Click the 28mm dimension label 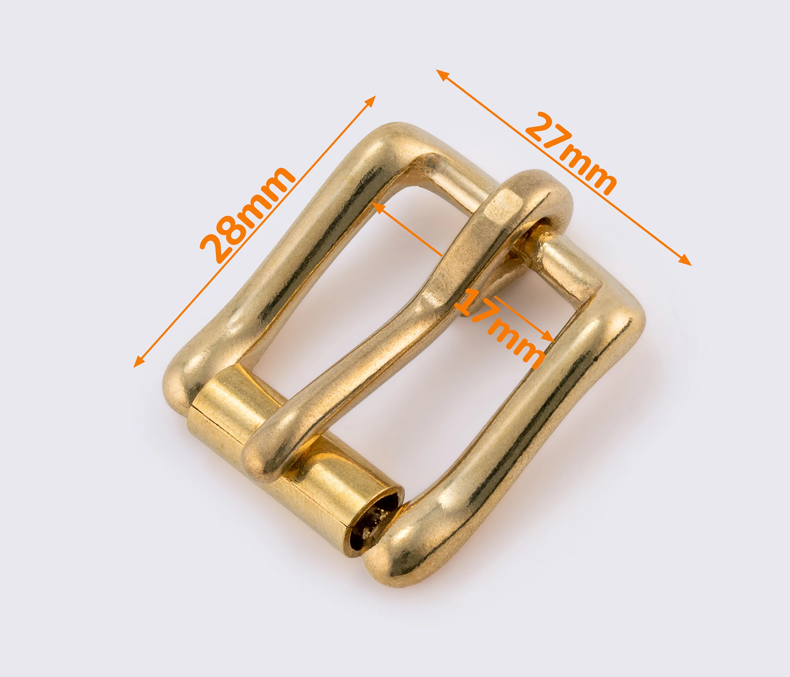[247, 215]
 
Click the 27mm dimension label [571, 153]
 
